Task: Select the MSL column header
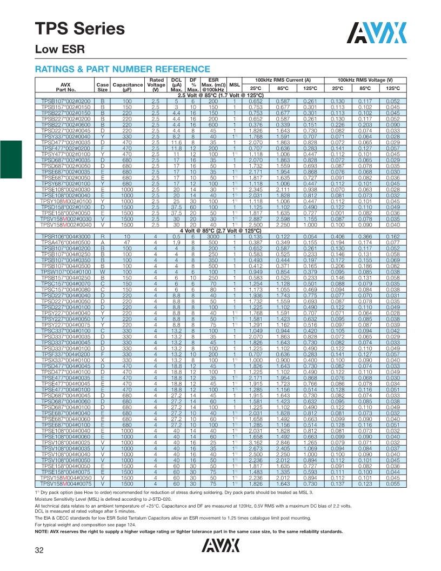point(235,85)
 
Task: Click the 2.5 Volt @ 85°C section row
point(220,95)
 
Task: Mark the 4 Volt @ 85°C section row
point(220,230)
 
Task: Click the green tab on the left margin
point(11,157)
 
